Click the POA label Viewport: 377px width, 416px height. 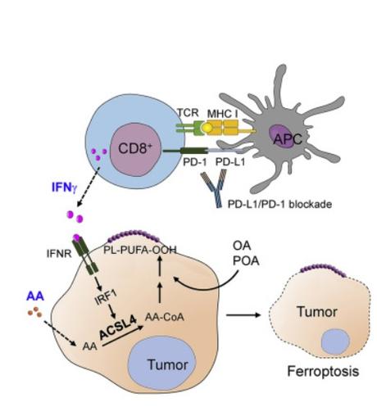[x=242, y=260]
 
